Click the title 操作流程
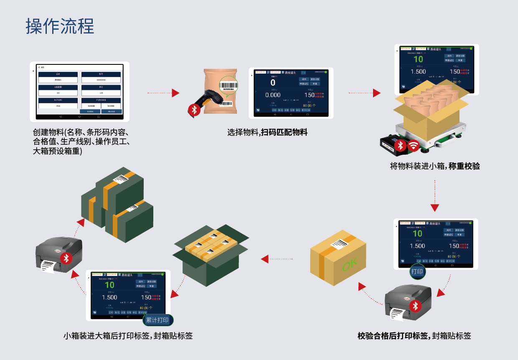coord(60,26)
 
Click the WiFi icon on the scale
coord(414,146)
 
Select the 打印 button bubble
coord(417,272)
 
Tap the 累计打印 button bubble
coord(157,321)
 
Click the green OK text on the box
coord(350,265)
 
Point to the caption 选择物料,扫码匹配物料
coord(267,133)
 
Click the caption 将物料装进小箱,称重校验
coord(435,166)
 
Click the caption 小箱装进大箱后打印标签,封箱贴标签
coord(128,336)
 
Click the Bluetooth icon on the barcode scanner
coord(194,110)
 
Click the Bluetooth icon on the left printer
coord(65,258)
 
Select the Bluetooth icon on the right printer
coord(415,306)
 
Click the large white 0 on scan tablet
coord(273,83)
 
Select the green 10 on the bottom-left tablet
coord(109,285)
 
